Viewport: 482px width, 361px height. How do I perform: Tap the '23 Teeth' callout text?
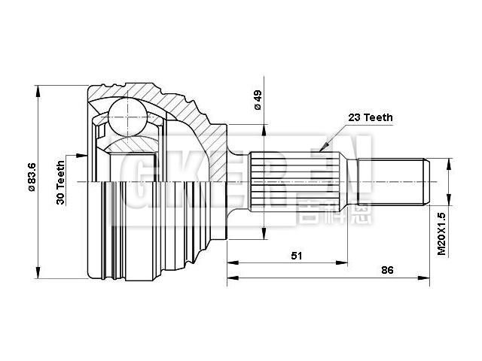(x=370, y=117)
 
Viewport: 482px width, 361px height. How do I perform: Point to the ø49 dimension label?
(x=257, y=101)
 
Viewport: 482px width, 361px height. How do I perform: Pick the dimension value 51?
(x=297, y=256)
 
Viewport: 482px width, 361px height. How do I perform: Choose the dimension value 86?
(x=387, y=270)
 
